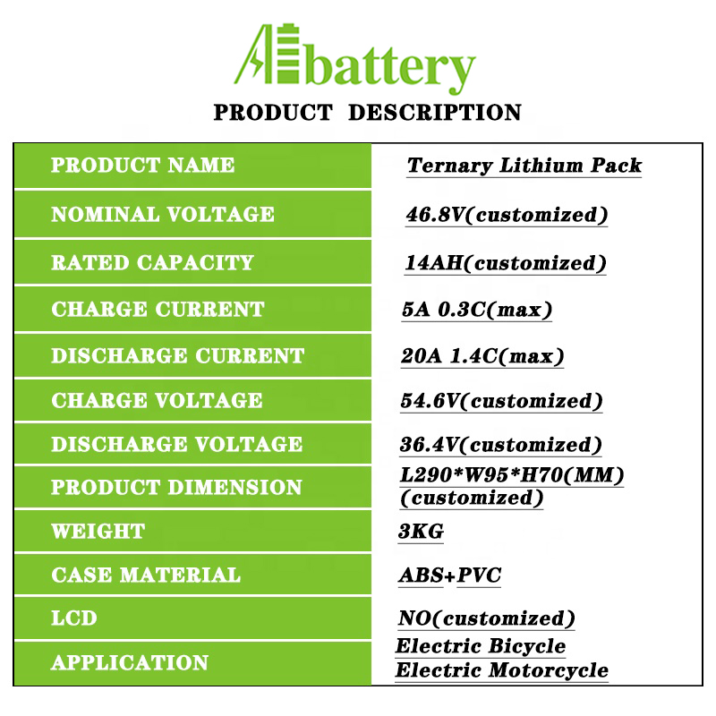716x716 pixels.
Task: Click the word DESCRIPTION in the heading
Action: click(435, 113)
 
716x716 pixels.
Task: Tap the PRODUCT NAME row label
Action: click(142, 165)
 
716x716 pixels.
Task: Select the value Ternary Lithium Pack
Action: click(524, 166)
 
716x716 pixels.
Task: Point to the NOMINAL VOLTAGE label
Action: click(163, 214)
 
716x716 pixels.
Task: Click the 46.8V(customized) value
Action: click(507, 215)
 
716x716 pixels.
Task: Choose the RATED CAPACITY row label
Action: click(152, 262)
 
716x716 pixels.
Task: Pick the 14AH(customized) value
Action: click(506, 263)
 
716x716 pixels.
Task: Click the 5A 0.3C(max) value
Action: click(477, 310)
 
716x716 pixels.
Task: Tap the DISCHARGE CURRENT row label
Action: click(177, 355)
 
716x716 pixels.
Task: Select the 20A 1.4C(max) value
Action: click(482, 356)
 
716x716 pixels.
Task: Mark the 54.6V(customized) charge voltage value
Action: click(501, 401)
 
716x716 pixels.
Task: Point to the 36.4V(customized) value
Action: click(501, 445)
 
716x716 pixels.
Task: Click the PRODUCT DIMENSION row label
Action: click(176, 487)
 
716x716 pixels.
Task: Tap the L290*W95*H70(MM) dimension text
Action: click(512, 475)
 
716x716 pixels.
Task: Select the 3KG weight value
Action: click(421, 532)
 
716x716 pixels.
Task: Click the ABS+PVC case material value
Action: click(450, 575)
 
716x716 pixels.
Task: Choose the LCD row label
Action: click(74, 618)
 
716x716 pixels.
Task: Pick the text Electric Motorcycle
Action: click(502, 670)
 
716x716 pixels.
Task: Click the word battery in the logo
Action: click(391, 69)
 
